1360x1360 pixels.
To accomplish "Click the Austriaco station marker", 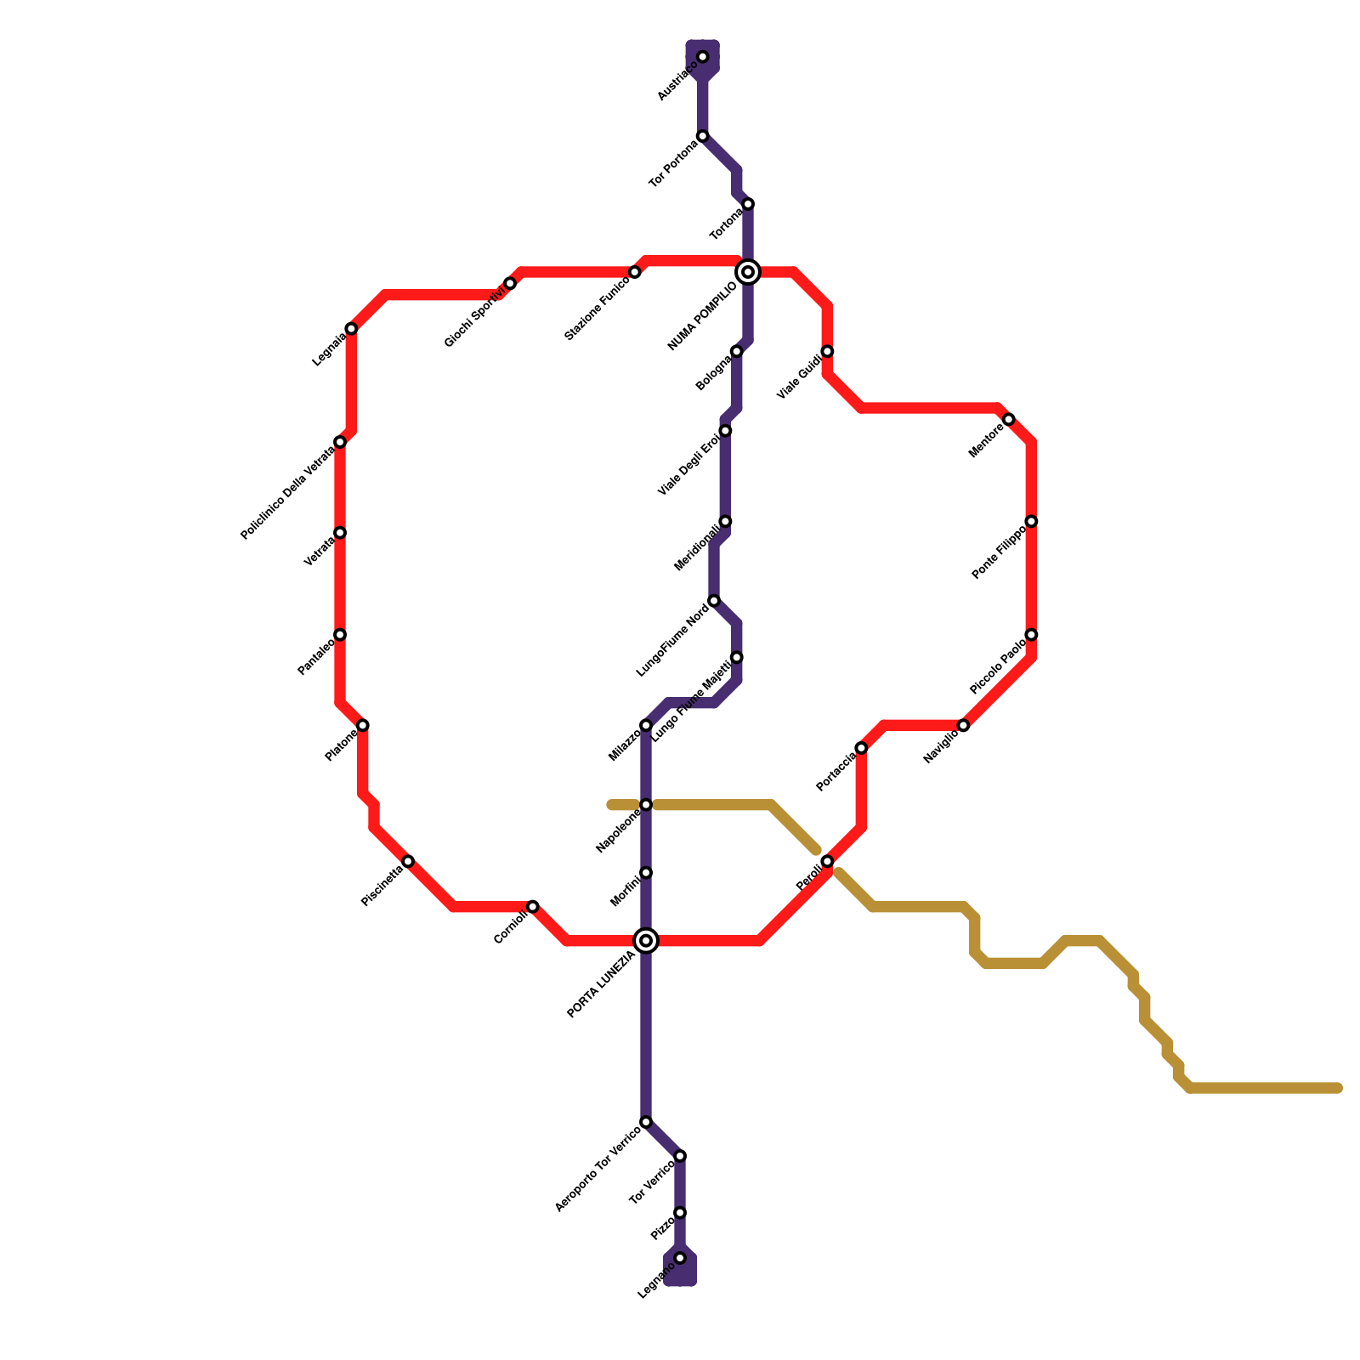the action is [x=703, y=57].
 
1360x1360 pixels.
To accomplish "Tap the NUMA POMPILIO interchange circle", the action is [x=748, y=272].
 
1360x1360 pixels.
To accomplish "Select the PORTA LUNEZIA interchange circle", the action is [x=646, y=940].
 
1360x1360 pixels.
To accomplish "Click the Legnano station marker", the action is [x=680, y=1258].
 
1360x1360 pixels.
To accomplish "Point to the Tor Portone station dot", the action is [x=703, y=136].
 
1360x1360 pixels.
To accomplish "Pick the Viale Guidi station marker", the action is [x=827, y=351].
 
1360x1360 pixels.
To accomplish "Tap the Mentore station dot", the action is [x=1009, y=419].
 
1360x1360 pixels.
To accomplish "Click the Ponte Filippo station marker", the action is [x=1031, y=521].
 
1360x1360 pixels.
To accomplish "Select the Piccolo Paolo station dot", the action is [x=1031, y=635].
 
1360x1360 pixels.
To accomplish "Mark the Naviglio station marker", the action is [x=963, y=725].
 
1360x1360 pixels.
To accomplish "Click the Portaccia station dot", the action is [x=861, y=748].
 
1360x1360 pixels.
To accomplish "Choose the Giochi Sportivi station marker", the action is [x=510, y=283].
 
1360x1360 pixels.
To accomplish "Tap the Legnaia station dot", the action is [x=351, y=329].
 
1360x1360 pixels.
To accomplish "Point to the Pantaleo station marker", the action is [x=340, y=635].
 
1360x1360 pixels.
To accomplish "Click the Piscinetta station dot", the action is [x=408, y=861].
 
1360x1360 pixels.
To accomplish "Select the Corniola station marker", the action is [x=533, y=906].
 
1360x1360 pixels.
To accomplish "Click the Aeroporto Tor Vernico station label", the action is [x=597, y=1170].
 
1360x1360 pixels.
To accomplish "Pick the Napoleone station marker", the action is [x=646, y=804].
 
